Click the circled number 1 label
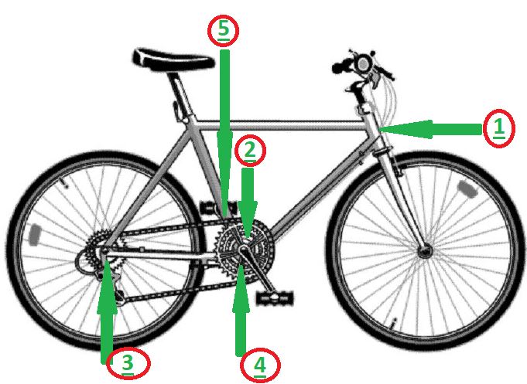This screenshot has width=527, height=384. pyautogui.click(x=499, y=128)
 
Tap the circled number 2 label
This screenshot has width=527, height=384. pyautogui.click(x=250, y=151)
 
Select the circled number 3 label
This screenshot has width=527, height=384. pyautogui.click(x=128, y=363)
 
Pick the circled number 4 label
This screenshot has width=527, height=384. pyautogui.click(x=260, y=365)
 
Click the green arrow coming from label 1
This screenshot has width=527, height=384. pyautogui.click(x=431, y=129)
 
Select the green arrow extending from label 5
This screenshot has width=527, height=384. pyautogui.click(x=224, y=134)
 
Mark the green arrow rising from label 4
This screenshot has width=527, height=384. pyautogui.click(x=241, y=310)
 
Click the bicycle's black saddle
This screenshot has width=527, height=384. pyautogui.click(x=173, y=59)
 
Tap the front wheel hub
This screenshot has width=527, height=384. pyautogui.click(x=424, y=251)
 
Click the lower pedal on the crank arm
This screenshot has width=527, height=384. pyautogui.click(x=275, y=298)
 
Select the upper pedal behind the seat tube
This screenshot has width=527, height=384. pyautogui.click(x=217, y=208)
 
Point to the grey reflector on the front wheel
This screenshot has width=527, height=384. pyautogui.click(x=468, y=189)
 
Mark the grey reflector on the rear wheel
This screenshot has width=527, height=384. pyautogui.click(x=35, y=235)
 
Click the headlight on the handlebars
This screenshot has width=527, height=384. pyautogui.click(x=363, y=64)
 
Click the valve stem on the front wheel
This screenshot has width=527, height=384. pyautogui.click(x=393, y=323)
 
